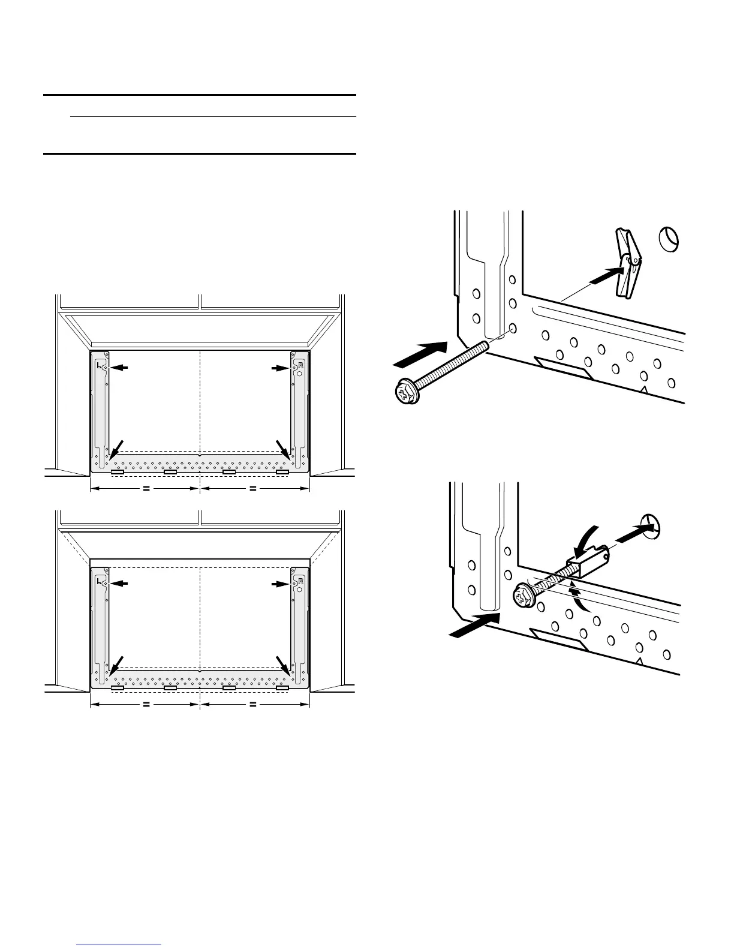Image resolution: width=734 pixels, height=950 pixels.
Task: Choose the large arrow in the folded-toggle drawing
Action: (x=474, y=624)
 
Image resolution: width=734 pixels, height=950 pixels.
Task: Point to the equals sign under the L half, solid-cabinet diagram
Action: (x=146, y=489)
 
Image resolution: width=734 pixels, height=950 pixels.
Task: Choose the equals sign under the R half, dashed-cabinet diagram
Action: (x=253, y=705)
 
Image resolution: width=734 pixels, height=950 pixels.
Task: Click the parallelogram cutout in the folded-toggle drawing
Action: (x=558, y=639)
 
